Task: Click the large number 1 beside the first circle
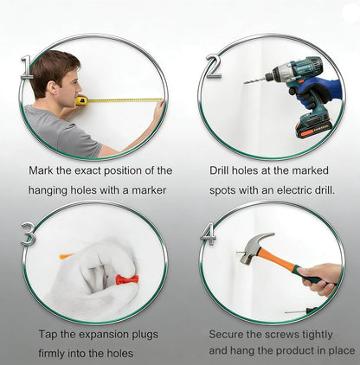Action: (27, 67)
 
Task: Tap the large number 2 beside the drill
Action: (214, 67)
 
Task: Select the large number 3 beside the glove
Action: (29, 234)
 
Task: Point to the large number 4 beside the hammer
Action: (209, 234)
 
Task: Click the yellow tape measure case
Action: (81, 101)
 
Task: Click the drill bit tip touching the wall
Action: (245, 83)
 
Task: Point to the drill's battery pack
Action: (313, 126)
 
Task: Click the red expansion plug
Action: (125, 279)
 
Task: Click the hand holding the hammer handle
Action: (320, 279)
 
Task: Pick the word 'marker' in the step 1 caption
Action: (149, 190)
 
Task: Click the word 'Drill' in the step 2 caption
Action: (219, 170)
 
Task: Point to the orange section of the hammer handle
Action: (275, 259)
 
